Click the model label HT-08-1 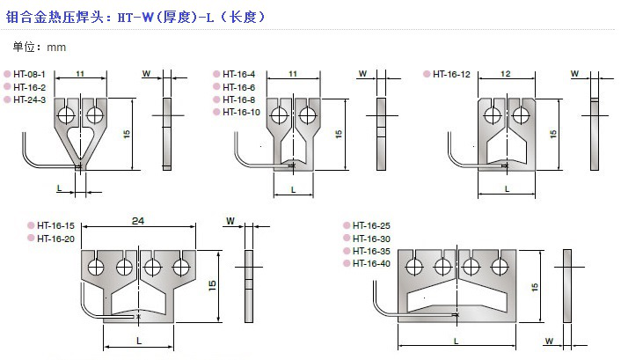pyautogui.click(x=29, y=74)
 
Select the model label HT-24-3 pyautogui.click(x=29, y=99)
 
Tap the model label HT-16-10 pyautogui.click(x=241, y=112)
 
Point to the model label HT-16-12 pyautogui.click(x=451, y=74)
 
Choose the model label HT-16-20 pyautogui.click(x=55, y=239)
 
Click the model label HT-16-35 pyautogui.click(x=371, y=251)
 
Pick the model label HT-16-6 pyautogui.click(x=239, y=87)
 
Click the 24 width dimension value pyautogui.click(x=138, y=221)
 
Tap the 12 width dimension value pyautogui.click(x=506, y=74)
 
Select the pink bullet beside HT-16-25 pyautogui.click(x=347, y=225)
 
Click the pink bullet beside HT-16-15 pyautogui.click(x=31, y=225)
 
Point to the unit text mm pyautogui.click(x=56, y=48)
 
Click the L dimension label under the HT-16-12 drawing pyautogui.click(x=507, y=189)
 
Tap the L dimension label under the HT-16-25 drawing pyautogui.click(x=457, y=341)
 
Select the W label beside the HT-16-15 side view pyautogui.click(x=230, y=221)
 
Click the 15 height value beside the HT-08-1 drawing pyautogui.click(x=127, y=134)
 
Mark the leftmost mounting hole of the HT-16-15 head pyautogui.click(x=96, y=267)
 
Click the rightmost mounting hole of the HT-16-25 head pyautogui.click(x=500, y=267)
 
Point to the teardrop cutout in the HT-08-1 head pyautogui.click(x=80, y=143)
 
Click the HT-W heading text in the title pyautogui.click(x=135, y=18)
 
